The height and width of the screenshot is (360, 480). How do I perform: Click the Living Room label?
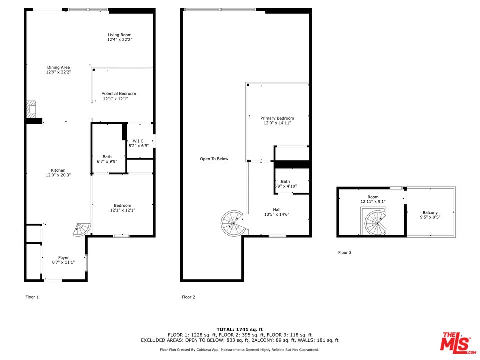119,35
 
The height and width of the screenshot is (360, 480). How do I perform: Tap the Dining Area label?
58,67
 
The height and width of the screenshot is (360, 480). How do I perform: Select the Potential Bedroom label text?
119,94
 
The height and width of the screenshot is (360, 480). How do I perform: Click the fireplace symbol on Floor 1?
31,109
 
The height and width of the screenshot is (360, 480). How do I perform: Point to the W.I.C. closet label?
138,141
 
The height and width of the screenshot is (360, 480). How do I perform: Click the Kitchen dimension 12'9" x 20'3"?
58,175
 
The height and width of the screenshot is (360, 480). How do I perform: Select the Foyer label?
63,258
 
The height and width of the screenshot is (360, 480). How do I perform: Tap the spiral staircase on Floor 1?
82,230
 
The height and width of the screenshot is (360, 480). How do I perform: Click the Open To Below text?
214,159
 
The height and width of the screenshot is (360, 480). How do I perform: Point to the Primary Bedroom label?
277,118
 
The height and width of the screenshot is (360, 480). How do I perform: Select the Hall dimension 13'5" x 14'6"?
277,214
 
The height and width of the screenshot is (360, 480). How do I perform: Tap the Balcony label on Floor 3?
430,213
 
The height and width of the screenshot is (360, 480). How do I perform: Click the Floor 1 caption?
32,297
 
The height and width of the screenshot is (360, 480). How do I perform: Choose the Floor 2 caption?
188,297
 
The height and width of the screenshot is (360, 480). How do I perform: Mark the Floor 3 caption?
345,253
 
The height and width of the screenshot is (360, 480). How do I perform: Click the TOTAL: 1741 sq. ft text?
240,329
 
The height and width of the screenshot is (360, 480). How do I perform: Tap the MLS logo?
458,342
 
